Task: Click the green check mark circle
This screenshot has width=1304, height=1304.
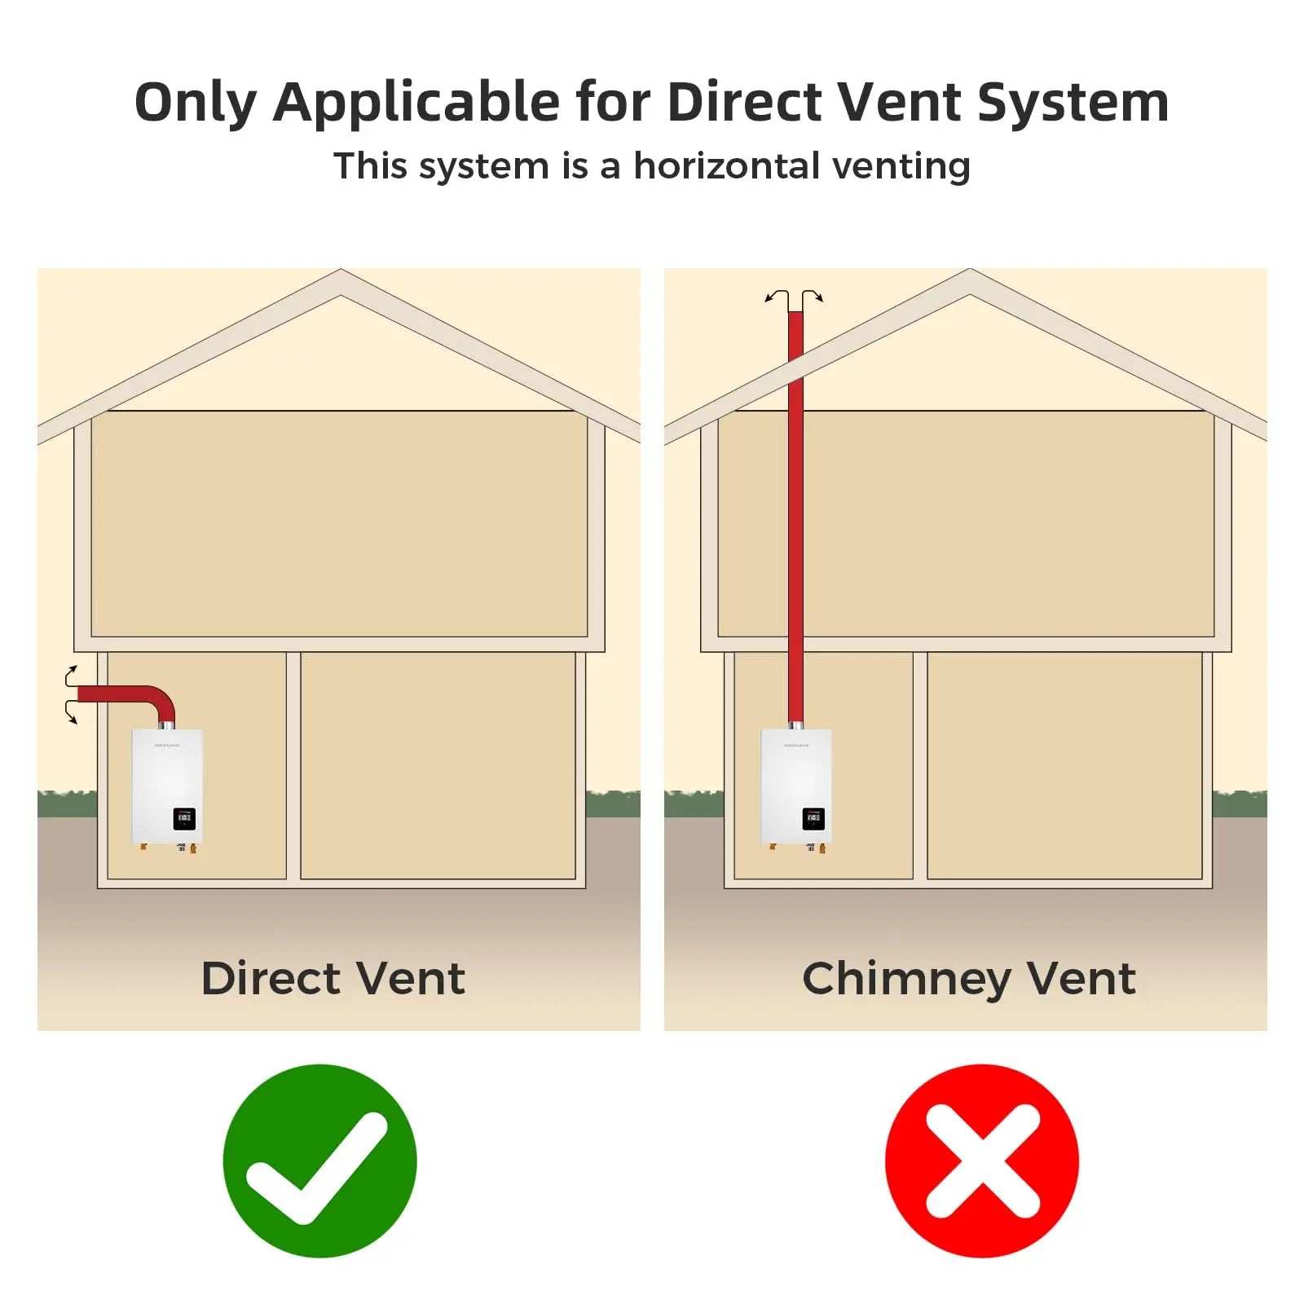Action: point(319,1161)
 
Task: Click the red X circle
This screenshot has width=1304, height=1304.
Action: point(982,1161)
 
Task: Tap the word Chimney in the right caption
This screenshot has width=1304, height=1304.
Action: point(906,980)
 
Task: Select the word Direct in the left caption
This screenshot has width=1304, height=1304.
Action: point(271,978)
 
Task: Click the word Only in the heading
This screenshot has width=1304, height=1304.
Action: point(196,104)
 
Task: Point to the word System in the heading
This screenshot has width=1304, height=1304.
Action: point(1073,104)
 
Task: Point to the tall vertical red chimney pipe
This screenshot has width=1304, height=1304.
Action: point(795,518)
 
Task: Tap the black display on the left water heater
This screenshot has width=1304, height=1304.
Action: point(184,818)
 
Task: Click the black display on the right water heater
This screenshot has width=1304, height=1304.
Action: point(813,818)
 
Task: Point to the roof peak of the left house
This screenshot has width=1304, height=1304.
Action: point(341,271)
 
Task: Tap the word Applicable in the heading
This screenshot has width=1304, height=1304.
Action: point(416,104)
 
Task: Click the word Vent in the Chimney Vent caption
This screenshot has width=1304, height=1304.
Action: point(1081,978)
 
